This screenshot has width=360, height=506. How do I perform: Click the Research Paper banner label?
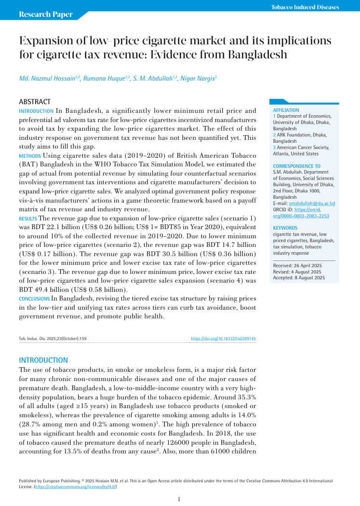coord(45,14)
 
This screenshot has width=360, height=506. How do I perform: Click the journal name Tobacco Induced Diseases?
coord(305,7)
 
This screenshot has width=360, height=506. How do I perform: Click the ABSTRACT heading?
coord(34,102)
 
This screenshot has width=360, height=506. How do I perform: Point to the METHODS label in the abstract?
coord(30,156)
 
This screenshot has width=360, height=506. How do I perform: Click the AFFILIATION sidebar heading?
coord(286,110)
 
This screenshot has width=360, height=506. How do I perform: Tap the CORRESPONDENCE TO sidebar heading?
coord(296,166)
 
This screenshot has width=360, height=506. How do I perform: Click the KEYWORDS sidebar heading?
coord(285,228)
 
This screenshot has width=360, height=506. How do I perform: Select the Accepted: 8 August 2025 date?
coord(299,277)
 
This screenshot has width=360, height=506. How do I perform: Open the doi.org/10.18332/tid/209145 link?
coord(223,339)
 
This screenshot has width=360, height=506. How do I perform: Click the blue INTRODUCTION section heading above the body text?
coord(43,360)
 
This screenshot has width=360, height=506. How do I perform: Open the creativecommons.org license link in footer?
coord(74,487)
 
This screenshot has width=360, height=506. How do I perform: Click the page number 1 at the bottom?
coord(179,499)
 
